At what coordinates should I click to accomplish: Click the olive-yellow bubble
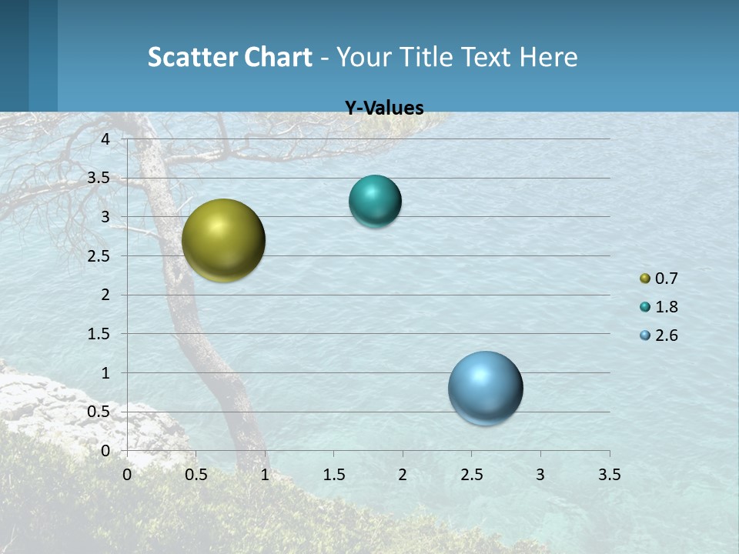(x=223, y=240)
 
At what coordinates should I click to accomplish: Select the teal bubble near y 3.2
(x=375, y=201)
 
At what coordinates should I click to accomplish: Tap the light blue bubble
(x=485, y=388)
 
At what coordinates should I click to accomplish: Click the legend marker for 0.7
(x=645, y=279)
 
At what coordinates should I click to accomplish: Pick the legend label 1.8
(x=666, y=307)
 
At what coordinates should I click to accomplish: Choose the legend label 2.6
(x=666, y=335)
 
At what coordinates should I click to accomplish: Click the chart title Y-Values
(x=383, y=108)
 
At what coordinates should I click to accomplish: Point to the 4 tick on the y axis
(x=105, y=138)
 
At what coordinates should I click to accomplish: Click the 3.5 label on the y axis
(x=99, y=178)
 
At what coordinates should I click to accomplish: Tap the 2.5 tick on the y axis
(x=99, y=256)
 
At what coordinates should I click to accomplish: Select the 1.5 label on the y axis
(x=99, y=334)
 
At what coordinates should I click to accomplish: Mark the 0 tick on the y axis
(x=105, y=451)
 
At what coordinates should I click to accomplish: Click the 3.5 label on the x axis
(x=609, y=475)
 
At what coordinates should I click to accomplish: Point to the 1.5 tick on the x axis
(x=333, y=475)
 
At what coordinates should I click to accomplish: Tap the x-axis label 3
(x=540, y=475)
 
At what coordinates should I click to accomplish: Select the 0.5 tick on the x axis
(x=196, y=475)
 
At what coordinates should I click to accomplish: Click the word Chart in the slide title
(x=278, y=57)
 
